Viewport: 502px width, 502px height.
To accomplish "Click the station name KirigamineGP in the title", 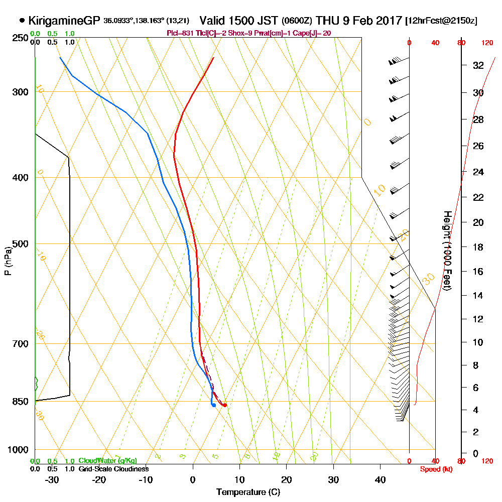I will (64, 21).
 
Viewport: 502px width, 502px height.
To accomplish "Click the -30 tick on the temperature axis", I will (52, 479).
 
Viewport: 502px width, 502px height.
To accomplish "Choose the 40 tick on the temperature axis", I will (380, 479).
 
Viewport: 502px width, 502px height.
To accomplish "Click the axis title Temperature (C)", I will (248, 492).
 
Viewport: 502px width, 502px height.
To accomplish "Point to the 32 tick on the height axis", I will (478, 65).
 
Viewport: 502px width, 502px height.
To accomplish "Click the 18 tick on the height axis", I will (478, 247).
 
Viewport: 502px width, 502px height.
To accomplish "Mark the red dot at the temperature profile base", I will (224, 405).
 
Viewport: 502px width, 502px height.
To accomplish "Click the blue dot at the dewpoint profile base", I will (214, 405).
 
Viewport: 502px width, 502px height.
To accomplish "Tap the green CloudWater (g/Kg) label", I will (108, 461).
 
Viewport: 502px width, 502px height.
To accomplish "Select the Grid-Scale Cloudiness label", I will (113, 469).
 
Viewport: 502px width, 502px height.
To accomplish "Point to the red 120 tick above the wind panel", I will (487, 43).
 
